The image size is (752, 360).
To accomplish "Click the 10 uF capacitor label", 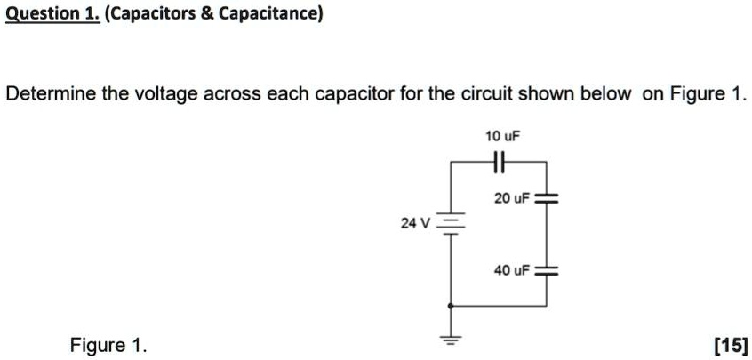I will pyautogui.click(x=501, y=137).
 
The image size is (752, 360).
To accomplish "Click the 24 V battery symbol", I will pyautogui.click(x=450, y=223).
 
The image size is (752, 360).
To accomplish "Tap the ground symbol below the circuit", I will pyautogui.click(x=450, y=341).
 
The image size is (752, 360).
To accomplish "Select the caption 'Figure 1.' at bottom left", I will pyautogui.click(x=109, y=345).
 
